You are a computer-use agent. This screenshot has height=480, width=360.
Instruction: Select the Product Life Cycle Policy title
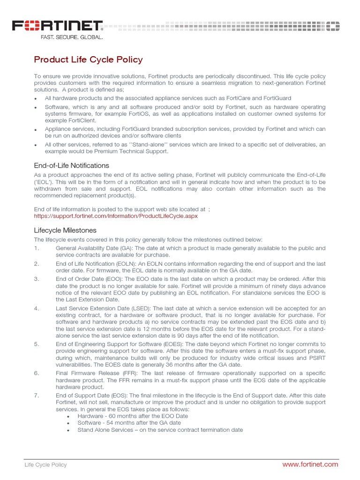(88, 60)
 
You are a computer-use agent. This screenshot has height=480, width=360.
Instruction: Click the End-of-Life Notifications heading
(71, 165)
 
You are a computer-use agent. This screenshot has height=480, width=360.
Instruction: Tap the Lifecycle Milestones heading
(65, 230)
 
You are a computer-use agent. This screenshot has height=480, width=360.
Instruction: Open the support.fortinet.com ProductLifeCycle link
(116, 216)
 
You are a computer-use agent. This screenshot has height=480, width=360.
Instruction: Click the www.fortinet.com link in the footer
(310, 464)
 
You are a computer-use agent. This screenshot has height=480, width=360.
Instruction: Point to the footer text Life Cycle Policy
(45, 465)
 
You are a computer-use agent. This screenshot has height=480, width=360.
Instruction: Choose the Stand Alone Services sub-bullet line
(160, 430)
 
